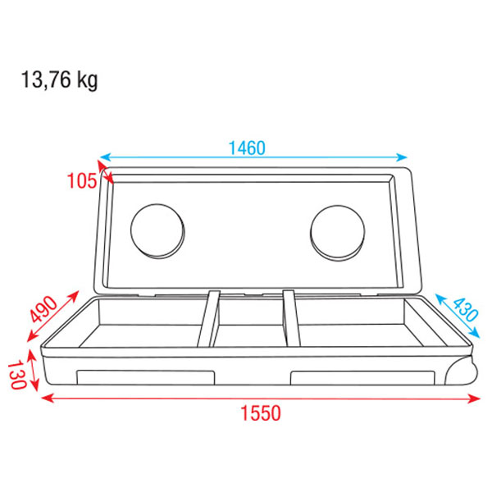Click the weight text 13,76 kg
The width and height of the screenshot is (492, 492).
58,82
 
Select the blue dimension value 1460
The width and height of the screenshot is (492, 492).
247,148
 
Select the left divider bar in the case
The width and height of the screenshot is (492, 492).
208,320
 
